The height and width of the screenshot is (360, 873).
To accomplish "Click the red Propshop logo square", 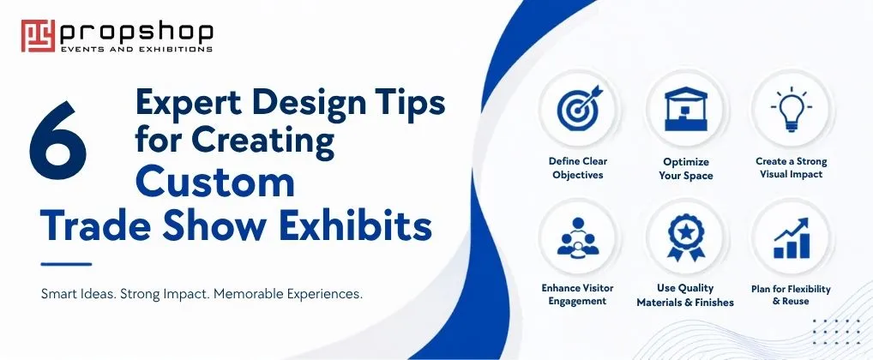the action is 38,36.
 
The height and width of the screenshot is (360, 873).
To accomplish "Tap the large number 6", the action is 58,141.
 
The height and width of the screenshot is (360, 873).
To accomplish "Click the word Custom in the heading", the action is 215,182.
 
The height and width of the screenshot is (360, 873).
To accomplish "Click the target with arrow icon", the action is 580,107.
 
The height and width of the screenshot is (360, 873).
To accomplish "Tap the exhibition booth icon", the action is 685,109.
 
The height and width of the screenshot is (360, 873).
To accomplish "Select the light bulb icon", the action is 792,108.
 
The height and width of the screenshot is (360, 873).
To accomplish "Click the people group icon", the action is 577,237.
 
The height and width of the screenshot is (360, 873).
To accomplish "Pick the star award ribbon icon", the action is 685,237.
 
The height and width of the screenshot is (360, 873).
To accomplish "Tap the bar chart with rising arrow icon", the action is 792,237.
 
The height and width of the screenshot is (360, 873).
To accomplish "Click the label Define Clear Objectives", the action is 578,168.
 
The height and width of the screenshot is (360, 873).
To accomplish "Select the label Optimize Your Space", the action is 686,169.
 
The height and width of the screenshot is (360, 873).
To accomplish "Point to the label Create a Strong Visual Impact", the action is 792,167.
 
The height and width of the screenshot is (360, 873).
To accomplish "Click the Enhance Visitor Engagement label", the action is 577,294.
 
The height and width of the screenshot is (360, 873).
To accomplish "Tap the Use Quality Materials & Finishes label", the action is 685,295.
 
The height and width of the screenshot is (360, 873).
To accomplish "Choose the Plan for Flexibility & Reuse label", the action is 791,295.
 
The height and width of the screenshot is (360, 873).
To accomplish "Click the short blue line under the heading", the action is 66,264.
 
